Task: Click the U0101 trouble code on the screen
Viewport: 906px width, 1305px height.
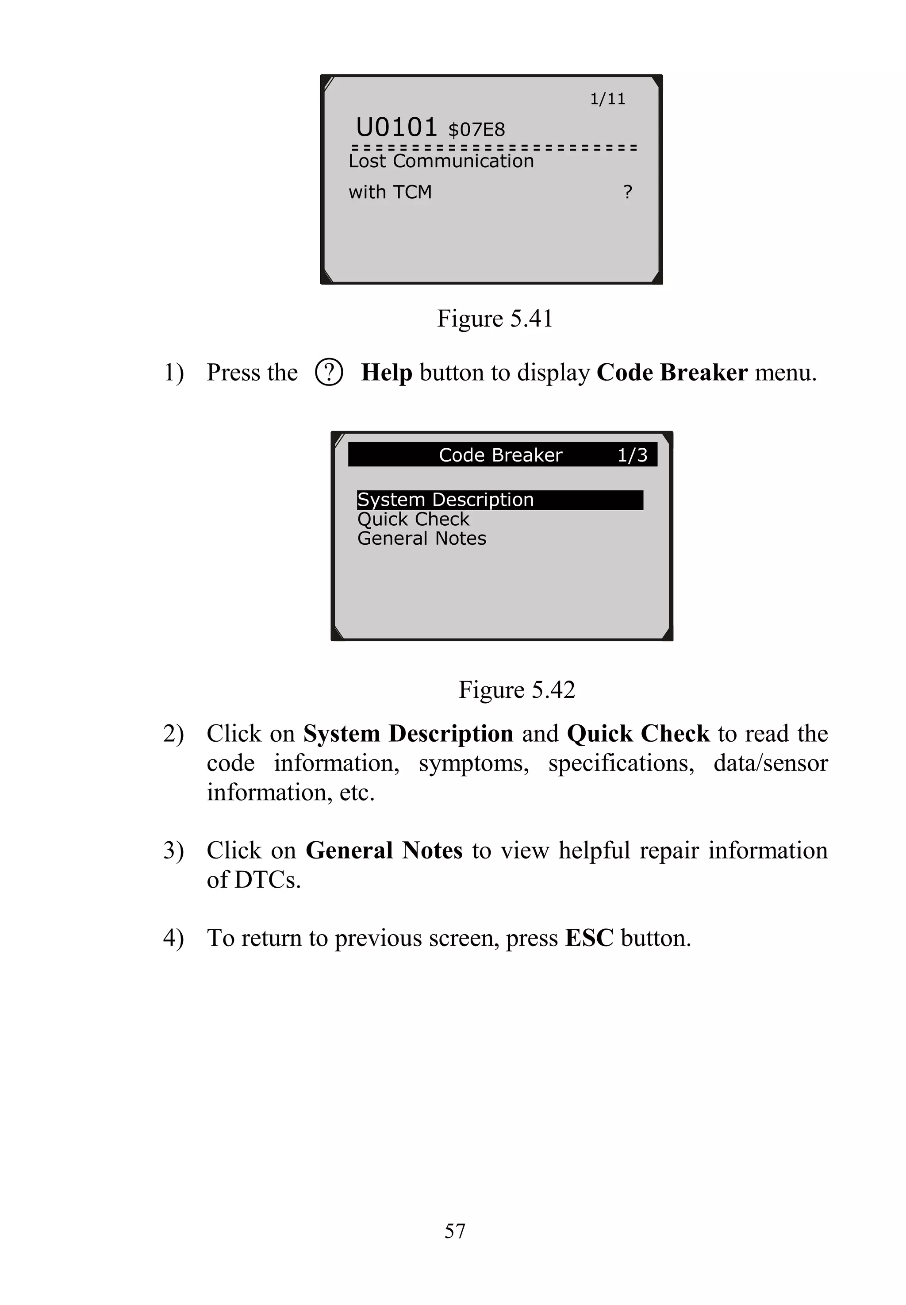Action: [396, 127]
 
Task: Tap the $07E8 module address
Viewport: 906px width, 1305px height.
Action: [476, 130]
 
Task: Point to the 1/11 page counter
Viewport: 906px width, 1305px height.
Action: [607, 100]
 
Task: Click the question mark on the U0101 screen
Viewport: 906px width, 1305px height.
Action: [627, 192]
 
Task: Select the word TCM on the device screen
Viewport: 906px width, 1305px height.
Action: [412, 192]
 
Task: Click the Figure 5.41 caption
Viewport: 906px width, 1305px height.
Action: [495, 319]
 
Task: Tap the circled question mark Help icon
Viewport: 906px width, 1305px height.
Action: [329, 373]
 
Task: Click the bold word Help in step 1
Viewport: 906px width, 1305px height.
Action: [387, 373]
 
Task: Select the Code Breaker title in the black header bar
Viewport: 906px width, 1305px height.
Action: [500, 455]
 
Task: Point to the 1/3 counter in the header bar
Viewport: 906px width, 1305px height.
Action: [632, 455]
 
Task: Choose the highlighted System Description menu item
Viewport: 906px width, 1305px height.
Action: [445, 500]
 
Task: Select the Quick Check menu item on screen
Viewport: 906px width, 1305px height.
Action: [413, 519]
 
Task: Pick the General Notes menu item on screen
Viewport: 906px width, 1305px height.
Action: [422, 539]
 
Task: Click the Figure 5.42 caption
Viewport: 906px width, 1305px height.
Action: [517, 690]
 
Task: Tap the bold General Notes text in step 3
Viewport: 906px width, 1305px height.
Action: [384, 851]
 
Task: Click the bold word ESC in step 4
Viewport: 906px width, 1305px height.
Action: [589, 938]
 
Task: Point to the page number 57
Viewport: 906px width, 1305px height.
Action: [455, 1231]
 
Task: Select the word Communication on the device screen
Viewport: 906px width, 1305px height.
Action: [463, 161]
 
